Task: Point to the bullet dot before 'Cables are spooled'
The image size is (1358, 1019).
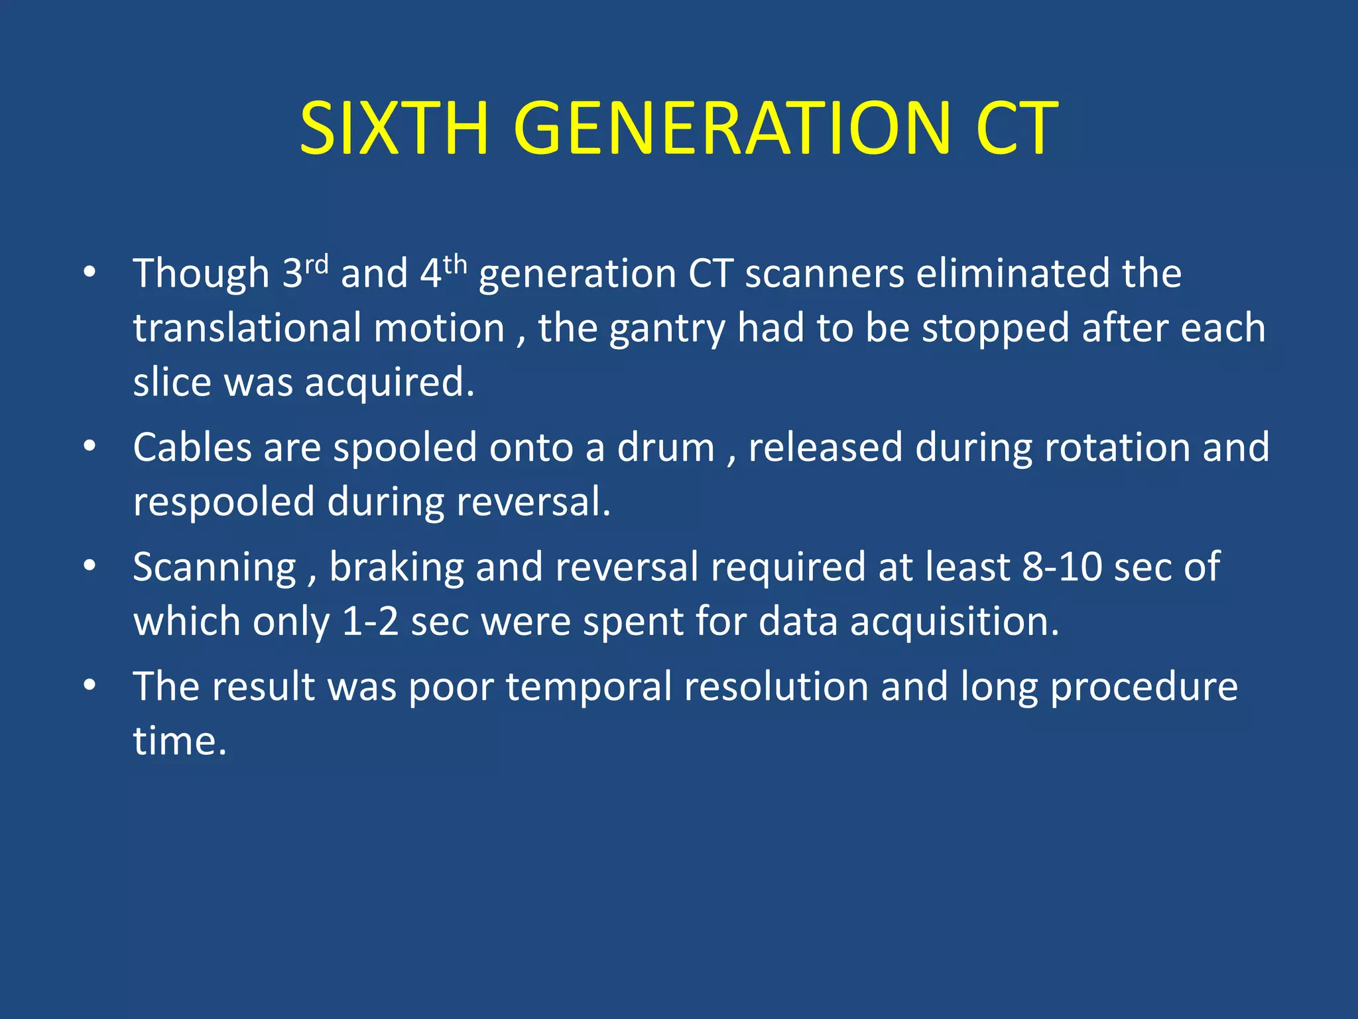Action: [90, 446]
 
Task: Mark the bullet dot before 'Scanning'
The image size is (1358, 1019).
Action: [90, 566]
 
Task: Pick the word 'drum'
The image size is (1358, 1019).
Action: [666, 447]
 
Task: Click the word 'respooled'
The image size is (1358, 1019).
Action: [223, 502]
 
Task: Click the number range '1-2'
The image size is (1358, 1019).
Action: [370, 622]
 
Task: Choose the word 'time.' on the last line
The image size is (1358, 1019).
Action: [180, 740]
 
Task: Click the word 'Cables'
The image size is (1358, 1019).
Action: [192, 447]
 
